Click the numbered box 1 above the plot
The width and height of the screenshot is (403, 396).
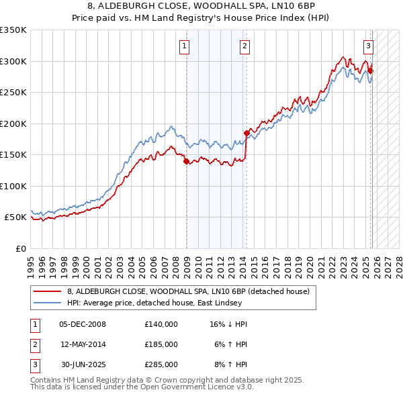coord(184,46)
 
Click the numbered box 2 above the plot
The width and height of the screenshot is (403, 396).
coord(244,46)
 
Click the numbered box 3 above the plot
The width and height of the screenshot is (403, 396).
coord(369,46)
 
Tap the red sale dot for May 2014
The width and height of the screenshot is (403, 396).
coord(247,133)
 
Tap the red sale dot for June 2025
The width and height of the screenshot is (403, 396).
coord(371,70)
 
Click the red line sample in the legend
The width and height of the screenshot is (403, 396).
coord(48,292)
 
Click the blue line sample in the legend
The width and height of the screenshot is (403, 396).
coord(48,303)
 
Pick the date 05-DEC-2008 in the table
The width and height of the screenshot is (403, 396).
coord(83,324)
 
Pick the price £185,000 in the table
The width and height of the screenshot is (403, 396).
coord(161,344)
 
